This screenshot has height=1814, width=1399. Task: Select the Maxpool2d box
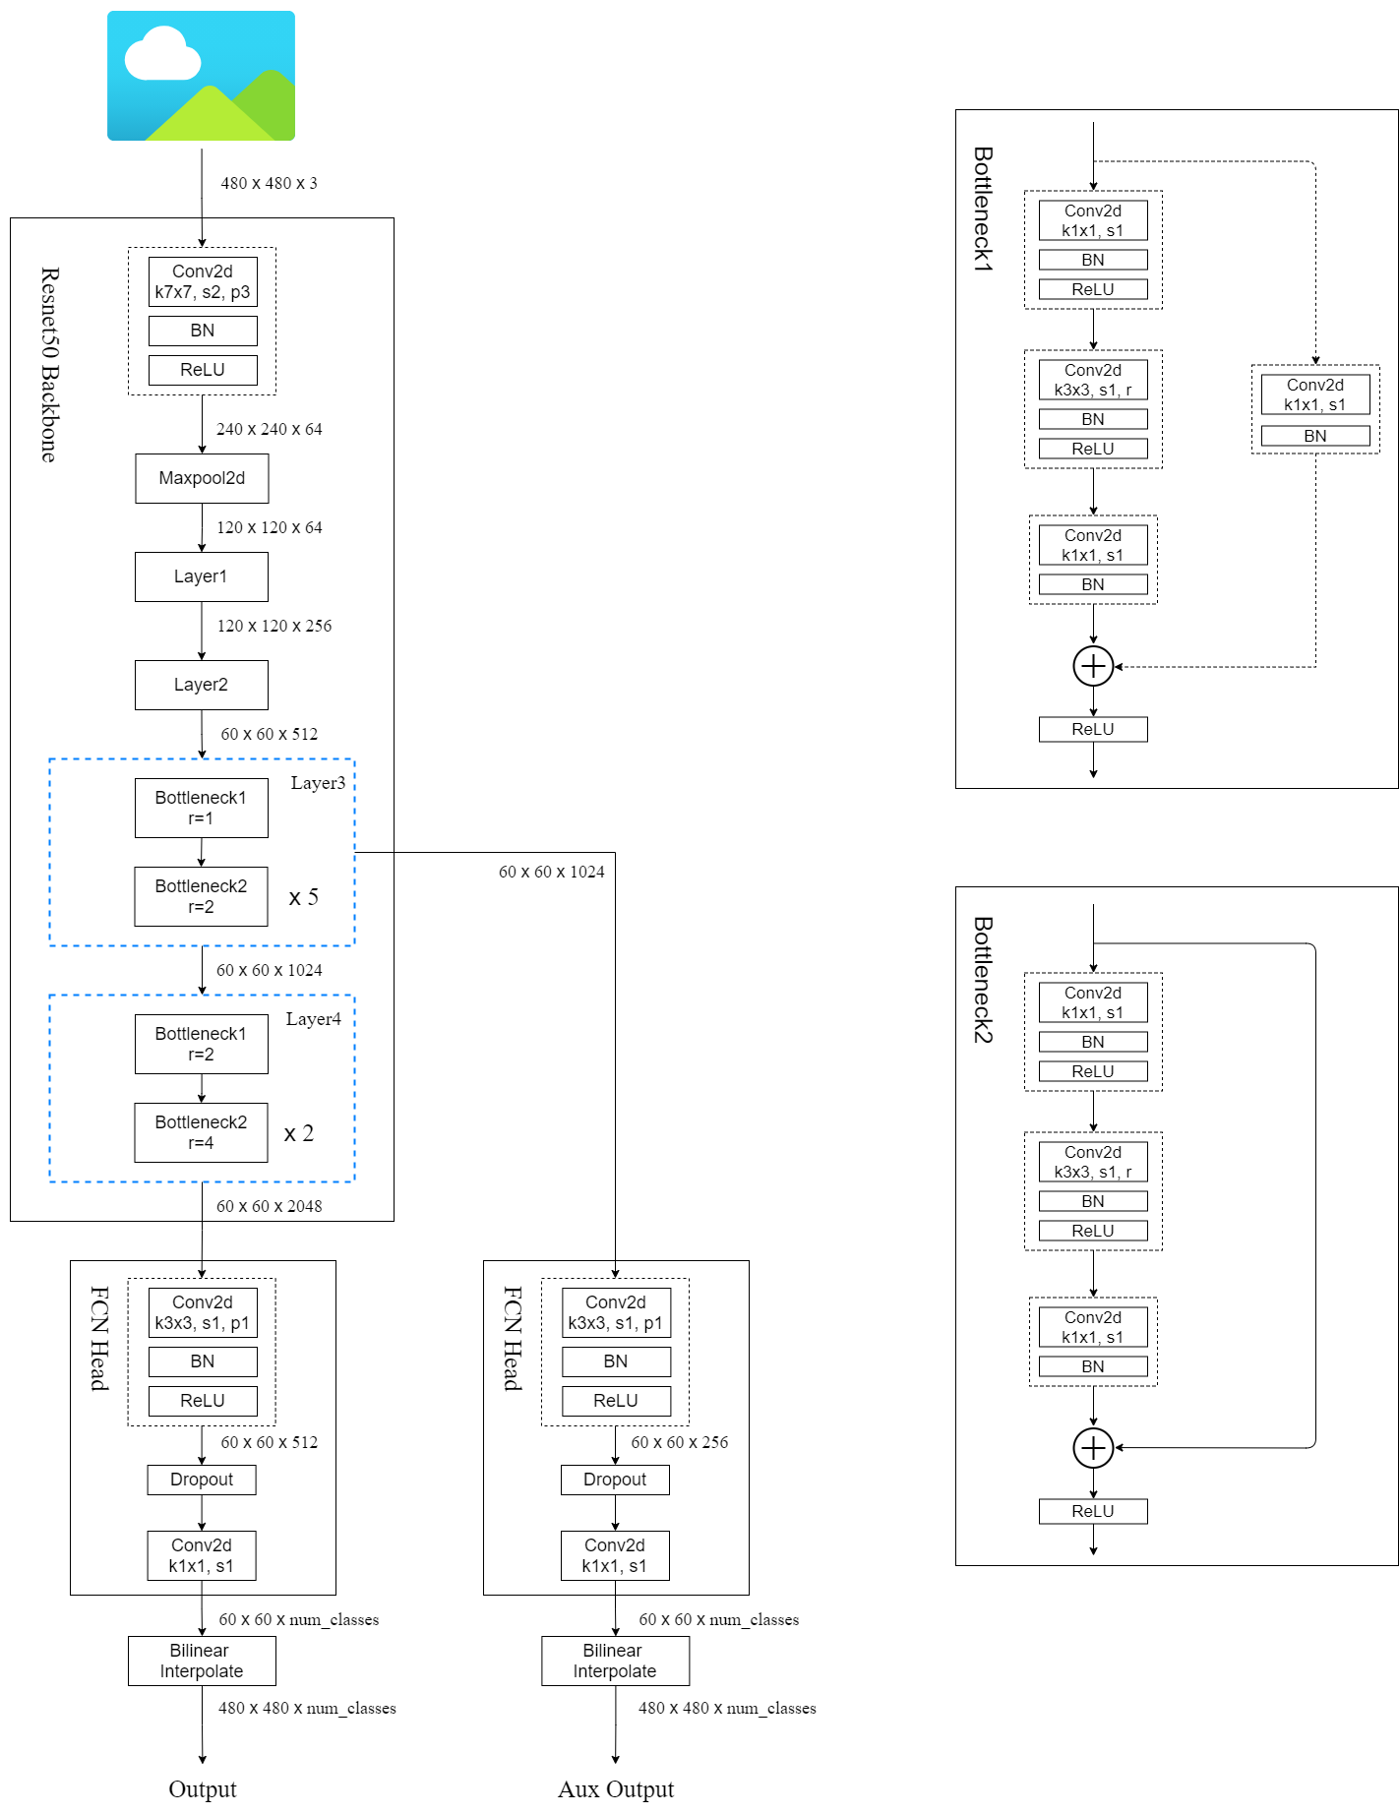202,478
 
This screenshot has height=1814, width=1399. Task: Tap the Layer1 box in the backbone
202,576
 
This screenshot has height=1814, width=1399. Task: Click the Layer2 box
202,685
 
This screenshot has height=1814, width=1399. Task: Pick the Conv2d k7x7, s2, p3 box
203,281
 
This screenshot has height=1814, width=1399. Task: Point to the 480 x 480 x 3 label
269,183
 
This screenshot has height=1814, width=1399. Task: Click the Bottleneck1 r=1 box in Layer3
202,808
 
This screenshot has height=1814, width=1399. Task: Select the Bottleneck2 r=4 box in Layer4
202,1132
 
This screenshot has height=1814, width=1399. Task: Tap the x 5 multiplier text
303,897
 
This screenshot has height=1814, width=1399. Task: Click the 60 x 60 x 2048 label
269,1206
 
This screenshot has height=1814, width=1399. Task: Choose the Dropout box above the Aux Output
615,1480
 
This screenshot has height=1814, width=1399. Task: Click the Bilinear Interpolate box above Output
202,1661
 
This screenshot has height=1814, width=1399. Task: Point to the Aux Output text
616,1788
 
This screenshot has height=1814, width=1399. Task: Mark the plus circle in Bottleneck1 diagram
1093,666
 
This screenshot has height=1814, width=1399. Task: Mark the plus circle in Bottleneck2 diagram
1093,1448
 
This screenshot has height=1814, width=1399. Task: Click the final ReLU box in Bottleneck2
1093,1511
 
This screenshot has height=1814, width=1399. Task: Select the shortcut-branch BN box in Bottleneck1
1315,436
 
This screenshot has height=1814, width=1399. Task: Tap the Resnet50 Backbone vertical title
49,364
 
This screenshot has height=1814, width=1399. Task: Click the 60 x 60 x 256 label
680,1442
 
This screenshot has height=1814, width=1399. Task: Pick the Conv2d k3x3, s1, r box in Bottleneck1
1093,380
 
